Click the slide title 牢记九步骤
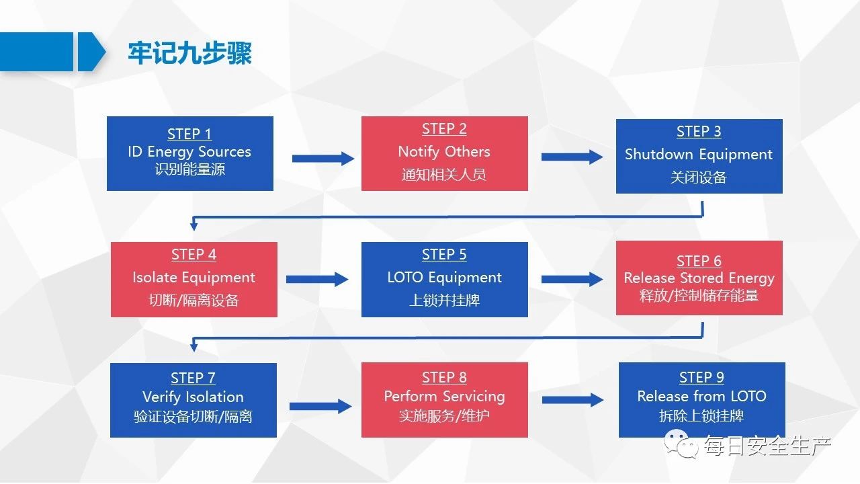coord(189,53)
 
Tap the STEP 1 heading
coord(189,134)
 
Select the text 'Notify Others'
coord(444,152)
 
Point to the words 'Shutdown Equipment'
coord(699,155)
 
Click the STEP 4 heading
coord(194,254)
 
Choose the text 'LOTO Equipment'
coord(444,278)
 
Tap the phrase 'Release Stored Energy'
coord(699,278)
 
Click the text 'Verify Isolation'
coord(193,397)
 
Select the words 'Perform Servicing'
coord(445,397)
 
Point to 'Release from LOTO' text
coord(702,396)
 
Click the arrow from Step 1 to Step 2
coord(323,159)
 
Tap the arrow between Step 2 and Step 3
coord(572,157)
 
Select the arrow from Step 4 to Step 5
coord(317,279)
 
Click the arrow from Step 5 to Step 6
coord(572,279)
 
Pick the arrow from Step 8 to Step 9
coord(573,400)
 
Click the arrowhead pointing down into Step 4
coord(194,225)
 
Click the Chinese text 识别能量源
coord(189,169)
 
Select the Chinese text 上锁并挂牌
coord(444,300)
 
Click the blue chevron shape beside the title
coord(91,52)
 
